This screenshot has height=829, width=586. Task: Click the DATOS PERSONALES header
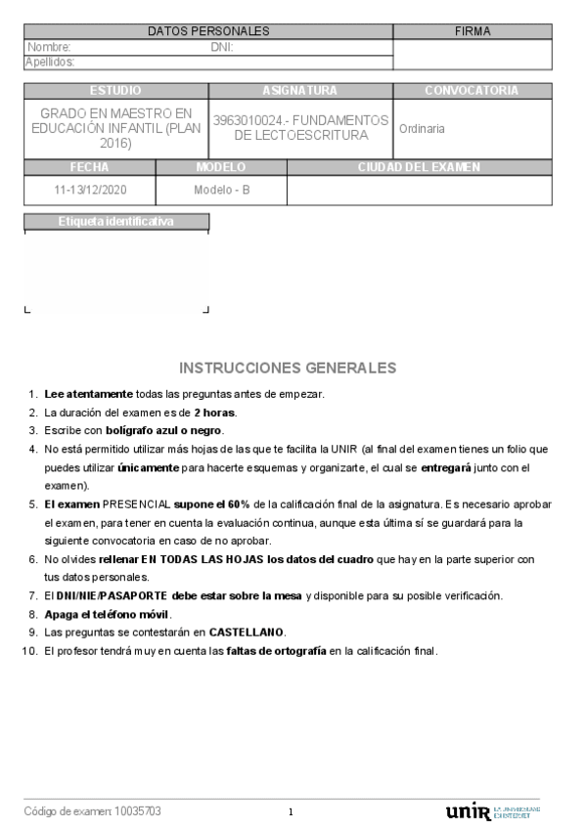[x=208, y=31]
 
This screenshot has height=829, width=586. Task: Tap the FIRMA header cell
[x=473, y=31]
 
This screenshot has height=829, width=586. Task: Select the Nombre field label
[x=49, y=47]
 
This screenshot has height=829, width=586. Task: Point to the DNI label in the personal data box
[x=222, y=47]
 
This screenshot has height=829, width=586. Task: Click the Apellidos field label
[x=52, y=63]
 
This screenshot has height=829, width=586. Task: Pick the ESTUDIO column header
[x=115, y=91]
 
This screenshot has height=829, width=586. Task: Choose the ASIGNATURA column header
[x=300, y=91]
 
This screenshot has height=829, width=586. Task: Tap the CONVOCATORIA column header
[x=472, y=91]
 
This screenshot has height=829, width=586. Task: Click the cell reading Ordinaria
[x=422, y=128]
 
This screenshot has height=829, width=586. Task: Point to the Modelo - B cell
[x=222, y=190]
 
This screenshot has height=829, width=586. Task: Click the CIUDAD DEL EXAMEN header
[x=419, y=167]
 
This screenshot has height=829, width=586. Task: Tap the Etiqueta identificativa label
[x=115, y=222]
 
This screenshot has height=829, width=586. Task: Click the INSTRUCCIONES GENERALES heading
[x=288, y=369]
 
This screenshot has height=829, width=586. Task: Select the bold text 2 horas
[x=214, y=413]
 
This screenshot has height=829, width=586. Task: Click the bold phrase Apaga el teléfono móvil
[x=108, y=615]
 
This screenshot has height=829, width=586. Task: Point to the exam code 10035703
[x=138, y=811]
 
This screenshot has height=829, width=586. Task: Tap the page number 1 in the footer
[x=292, y=812]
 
